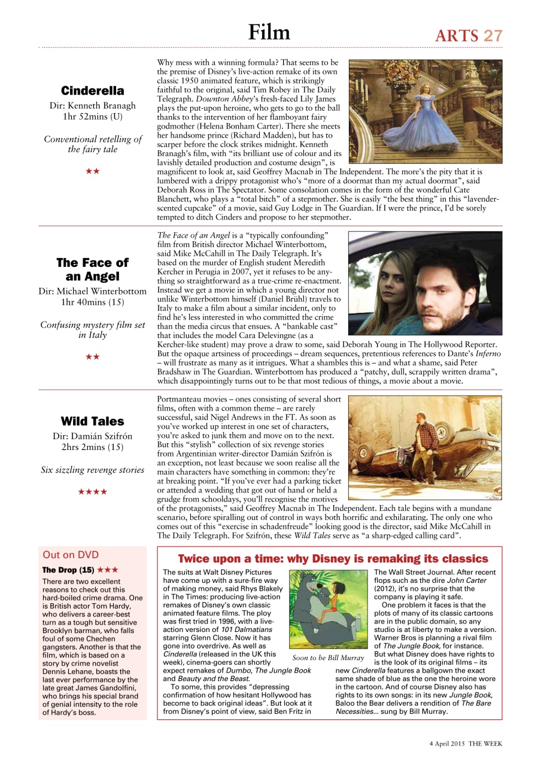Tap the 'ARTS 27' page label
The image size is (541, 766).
coord(468,35)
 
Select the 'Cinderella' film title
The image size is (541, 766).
coord(93,91)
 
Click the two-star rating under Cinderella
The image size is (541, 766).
coord(93,171)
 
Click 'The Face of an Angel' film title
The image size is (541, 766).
coord(93,269)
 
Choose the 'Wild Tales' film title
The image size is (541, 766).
coord(93,421)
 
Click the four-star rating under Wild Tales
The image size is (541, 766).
coord(93,492)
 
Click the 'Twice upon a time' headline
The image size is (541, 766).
coord(333,559)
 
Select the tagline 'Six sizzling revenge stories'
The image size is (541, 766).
coord(93,470)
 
